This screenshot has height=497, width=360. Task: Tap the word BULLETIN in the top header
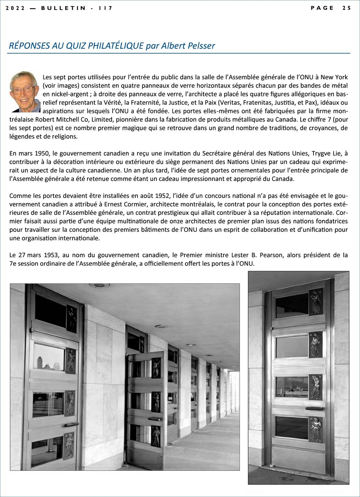63,8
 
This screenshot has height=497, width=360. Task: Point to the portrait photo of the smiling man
25,92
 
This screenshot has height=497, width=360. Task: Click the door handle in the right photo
314,408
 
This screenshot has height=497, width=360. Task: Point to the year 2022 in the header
15,8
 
